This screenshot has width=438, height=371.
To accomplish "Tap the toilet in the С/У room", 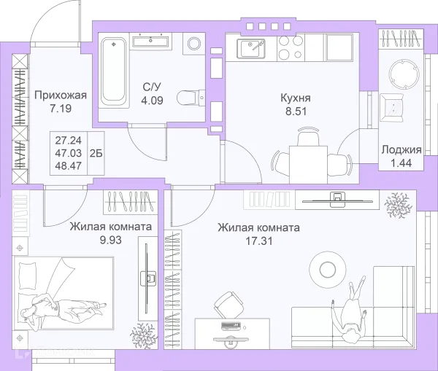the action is [x=191, y=98].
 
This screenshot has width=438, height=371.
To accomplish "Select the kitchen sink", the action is [x=251, y=49].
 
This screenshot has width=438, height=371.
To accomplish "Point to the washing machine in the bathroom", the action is [x=194, y=44].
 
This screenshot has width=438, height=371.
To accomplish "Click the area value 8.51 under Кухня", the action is [x=296, y=112].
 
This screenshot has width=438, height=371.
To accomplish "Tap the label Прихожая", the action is [x=61, y=95].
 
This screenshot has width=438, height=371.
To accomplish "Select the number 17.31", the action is [x=258, y=241].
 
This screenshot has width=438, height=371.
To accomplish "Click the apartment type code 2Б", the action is [x=96, y=153].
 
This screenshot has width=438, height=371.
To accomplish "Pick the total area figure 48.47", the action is [x=69, y=166].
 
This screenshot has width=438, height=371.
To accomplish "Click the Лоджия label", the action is [x=401, y=150].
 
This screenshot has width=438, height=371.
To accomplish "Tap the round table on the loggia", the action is [x=404, y=74].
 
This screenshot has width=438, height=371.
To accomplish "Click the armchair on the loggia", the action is [x=392, y=108].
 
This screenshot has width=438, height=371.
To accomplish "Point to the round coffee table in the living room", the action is [x=328, y=269].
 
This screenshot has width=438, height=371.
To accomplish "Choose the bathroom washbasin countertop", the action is [x=150, y=42].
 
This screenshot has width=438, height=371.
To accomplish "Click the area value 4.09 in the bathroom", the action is [x=152, y=100].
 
